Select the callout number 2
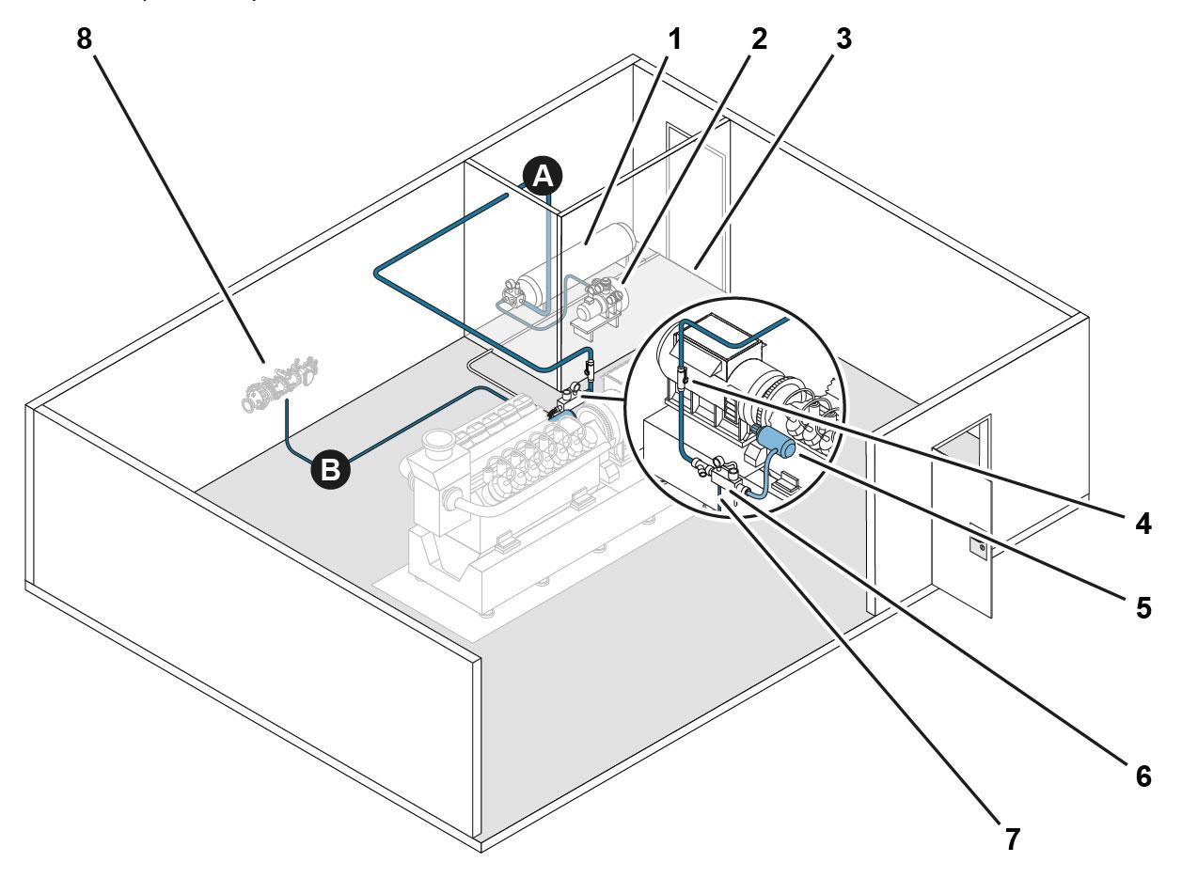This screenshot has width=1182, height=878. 759,39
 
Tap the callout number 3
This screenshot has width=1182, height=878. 843,39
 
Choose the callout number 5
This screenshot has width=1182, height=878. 1143,608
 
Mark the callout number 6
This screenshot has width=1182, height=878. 1143,776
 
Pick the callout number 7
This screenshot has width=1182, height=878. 1012,839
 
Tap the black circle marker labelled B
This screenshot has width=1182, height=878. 330,469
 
